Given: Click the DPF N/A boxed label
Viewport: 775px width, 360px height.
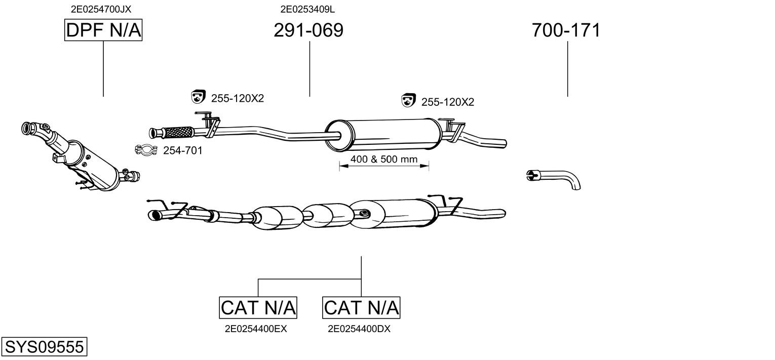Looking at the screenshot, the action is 103,30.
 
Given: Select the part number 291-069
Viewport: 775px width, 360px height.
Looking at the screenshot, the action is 308,30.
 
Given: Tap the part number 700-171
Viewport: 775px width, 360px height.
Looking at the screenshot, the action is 566,30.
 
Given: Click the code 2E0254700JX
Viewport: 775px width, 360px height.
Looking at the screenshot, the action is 101,9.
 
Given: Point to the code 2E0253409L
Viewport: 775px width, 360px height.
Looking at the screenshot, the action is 307,9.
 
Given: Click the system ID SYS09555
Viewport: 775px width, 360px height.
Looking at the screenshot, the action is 44,346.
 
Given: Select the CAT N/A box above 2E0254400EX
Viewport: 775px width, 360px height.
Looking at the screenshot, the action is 258,307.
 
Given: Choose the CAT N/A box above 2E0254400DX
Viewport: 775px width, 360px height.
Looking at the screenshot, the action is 361,307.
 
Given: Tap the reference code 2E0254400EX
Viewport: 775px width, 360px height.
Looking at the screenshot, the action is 256,329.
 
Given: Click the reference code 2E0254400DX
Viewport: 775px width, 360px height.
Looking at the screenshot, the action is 359,329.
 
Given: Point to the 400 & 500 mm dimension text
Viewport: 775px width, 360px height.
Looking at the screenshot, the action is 384,159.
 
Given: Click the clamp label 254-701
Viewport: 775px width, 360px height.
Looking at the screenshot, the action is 183,150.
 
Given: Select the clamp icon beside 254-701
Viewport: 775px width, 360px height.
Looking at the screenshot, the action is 146,150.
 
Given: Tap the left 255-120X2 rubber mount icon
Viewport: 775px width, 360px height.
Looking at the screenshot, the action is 198,97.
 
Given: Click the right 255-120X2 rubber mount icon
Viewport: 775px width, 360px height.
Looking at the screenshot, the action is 409,100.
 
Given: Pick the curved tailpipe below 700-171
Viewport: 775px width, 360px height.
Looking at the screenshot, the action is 553,179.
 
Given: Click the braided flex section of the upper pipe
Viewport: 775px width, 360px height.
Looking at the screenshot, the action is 178,132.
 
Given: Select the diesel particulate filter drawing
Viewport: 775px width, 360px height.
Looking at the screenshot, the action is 80,156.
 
